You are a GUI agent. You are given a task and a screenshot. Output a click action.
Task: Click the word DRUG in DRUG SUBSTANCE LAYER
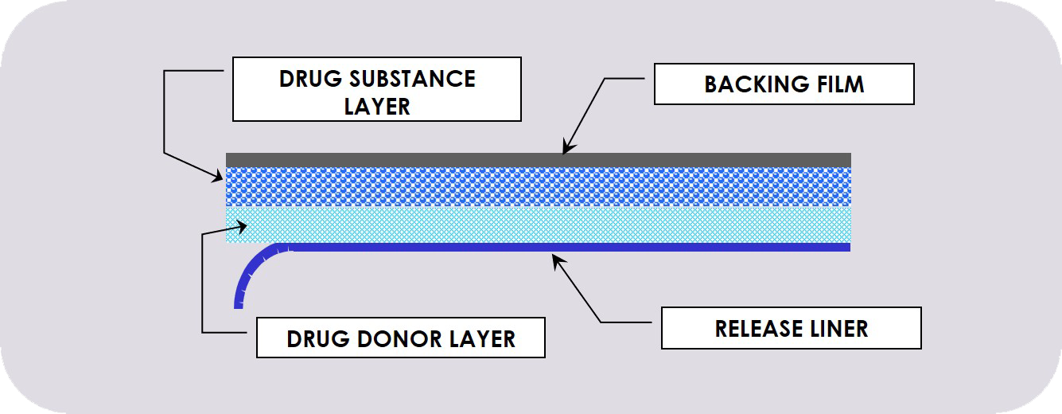(x=310, y=79)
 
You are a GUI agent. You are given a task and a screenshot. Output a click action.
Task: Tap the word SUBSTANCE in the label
(x=413, y=79)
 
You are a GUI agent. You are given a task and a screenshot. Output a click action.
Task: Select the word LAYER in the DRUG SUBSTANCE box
(x=377, y=106)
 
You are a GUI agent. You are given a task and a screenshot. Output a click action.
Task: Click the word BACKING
(x=757, y=84)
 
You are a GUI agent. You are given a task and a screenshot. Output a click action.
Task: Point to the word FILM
(x=841, y=84)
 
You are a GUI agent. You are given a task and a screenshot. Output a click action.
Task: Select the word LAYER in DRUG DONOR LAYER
(x=483, y=339)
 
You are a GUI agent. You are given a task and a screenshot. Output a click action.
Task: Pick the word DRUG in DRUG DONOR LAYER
(x=318, y=339)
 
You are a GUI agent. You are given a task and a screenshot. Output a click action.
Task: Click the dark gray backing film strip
(x=538, y=160)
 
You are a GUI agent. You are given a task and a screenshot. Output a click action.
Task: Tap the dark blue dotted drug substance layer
(x=538, y=187)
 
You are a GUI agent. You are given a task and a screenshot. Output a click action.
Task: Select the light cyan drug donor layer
(x=538, y=225)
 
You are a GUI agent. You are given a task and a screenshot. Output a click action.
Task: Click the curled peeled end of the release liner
(x=251, y=270)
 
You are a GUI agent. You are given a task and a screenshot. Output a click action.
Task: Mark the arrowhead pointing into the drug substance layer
(x=217, y=177)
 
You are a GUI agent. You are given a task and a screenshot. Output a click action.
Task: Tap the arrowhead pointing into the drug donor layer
(x=241, y=227)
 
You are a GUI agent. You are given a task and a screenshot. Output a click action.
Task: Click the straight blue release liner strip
(x=569, y=247)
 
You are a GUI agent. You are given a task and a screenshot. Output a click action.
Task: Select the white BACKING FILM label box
(x=784, y=84)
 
